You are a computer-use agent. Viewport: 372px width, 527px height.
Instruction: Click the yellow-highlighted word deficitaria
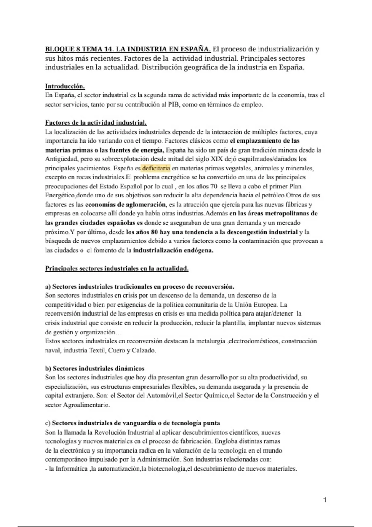click(156, 168)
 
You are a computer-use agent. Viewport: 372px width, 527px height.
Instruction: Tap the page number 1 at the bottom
click(325, 499)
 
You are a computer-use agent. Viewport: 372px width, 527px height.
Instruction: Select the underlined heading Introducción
click(65, 86)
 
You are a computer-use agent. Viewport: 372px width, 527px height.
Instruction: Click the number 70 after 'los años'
click(213, 186)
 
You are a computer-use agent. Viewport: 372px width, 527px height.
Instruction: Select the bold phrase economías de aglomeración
click(125, 205)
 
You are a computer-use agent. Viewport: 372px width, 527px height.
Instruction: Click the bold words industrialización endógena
click(173, 250)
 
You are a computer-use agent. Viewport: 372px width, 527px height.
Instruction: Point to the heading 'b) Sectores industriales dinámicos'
click(95, 368)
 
